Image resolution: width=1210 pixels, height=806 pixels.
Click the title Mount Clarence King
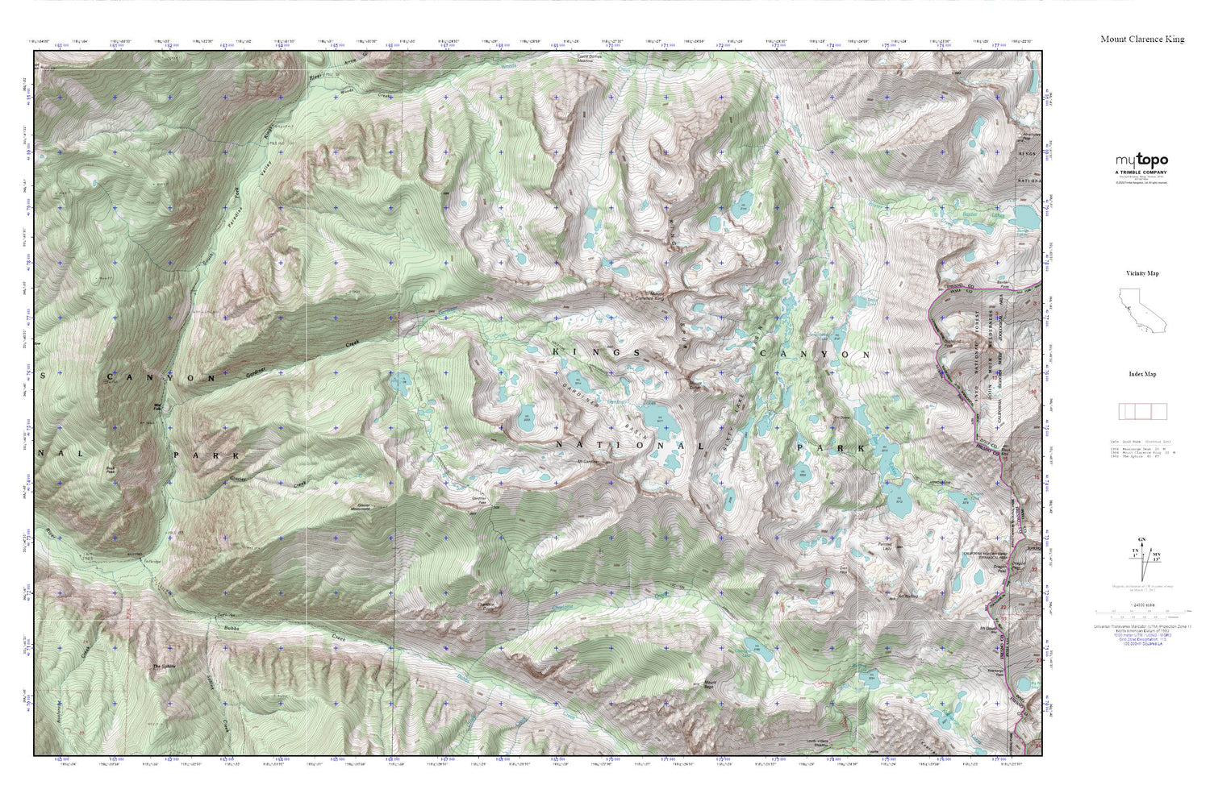(x=1142, y=39)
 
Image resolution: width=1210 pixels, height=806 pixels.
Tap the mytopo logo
(x=1141, y=160)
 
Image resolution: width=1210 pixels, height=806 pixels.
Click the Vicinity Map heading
(x=1142, y=273)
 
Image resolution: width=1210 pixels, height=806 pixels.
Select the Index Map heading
(x=1142, y=374)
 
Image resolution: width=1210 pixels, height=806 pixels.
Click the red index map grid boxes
(x=1142, y=411)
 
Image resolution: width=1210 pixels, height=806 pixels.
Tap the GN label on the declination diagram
(x=1141, y=539)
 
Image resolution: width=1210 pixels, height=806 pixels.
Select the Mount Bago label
(x=710, y=684)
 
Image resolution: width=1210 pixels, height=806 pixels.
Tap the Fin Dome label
(x=842, y=418)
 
